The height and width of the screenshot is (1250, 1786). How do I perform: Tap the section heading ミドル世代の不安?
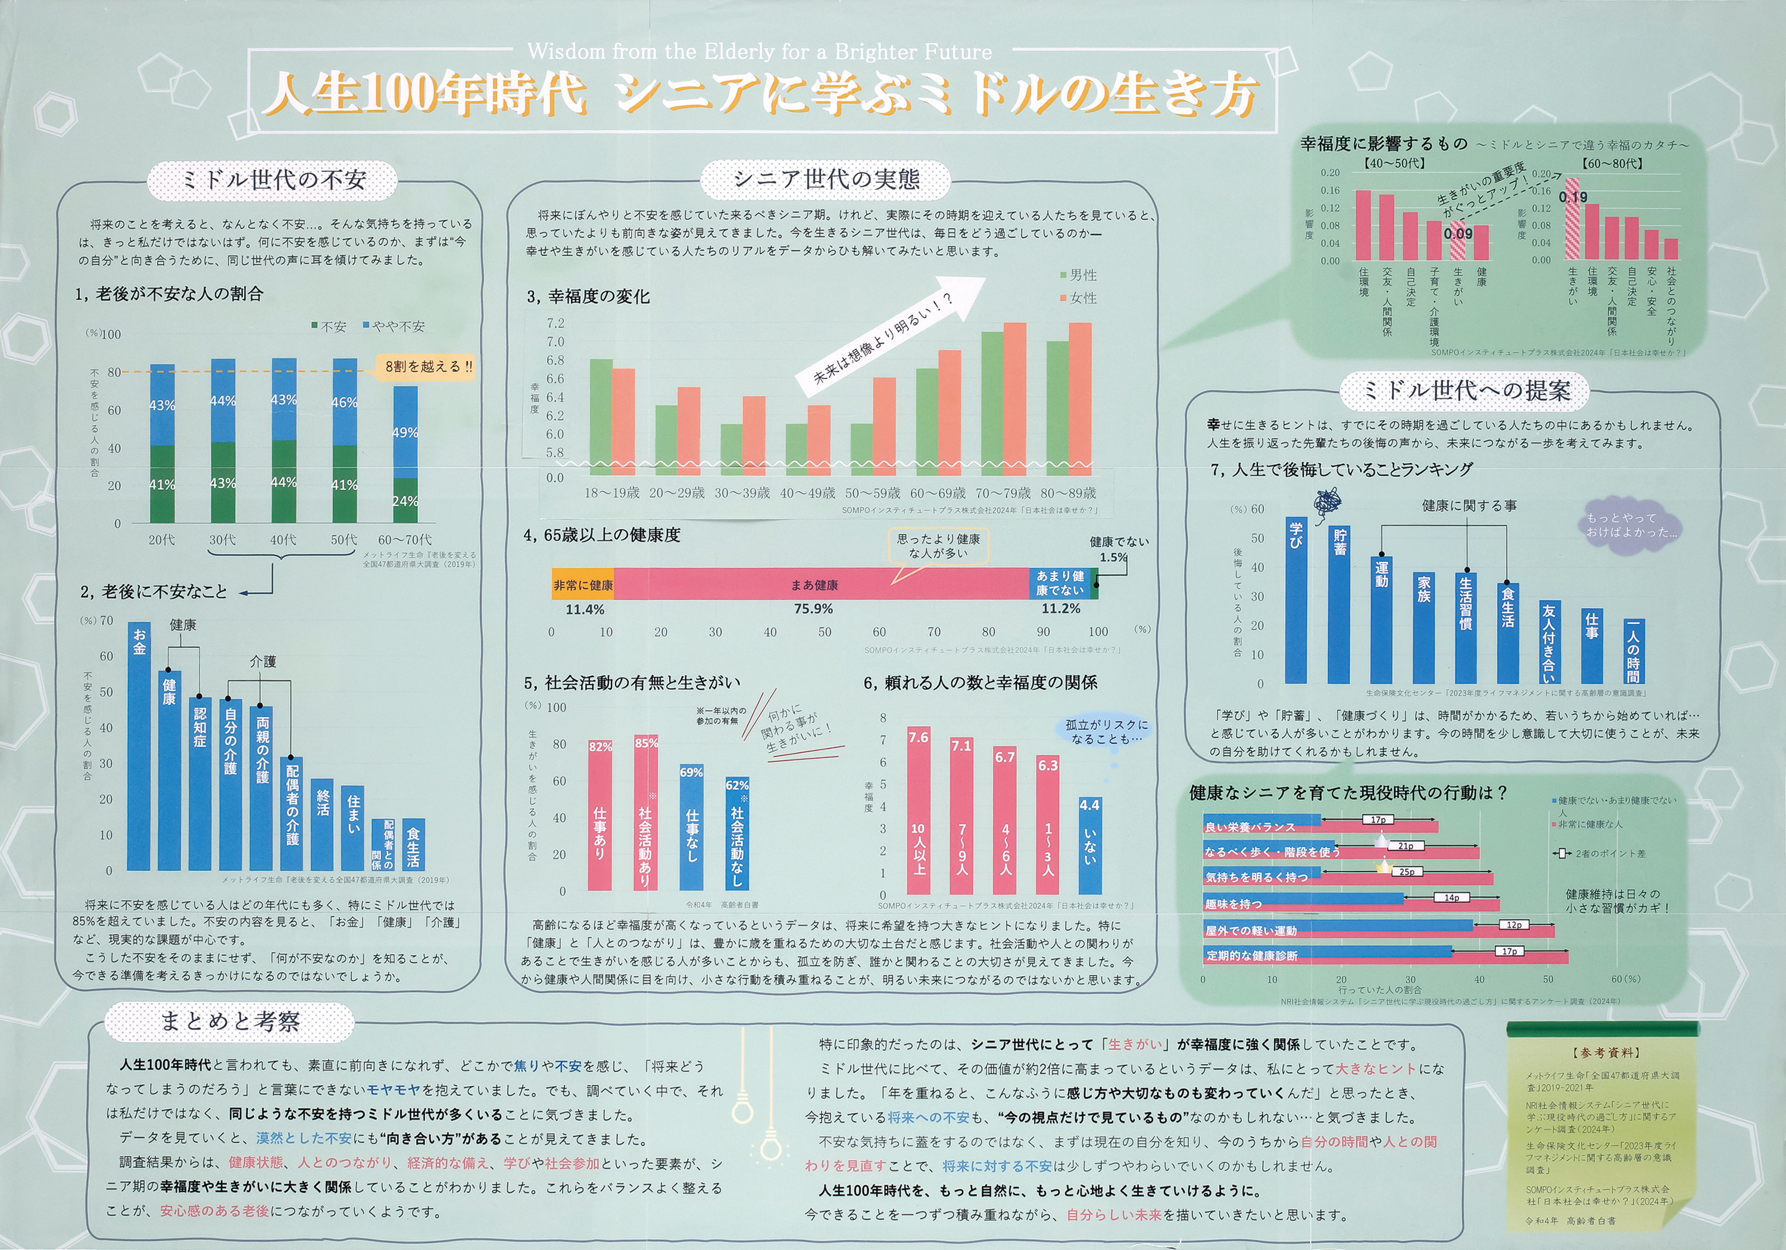pyautogui.click(x=273, y=180)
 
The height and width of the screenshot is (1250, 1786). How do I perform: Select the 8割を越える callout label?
pyautogui.click(x=429, y=366)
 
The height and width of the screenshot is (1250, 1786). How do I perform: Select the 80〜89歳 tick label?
pyautogui.click(x=1068, y=493)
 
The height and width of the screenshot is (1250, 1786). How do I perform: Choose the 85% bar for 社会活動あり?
pyautogui.click(x=645, y=813)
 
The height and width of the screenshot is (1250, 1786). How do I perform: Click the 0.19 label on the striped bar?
pyautogui.click(x=1573, y=198)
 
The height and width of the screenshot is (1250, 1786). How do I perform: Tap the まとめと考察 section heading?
pyautogui.click(x=230, y=1021)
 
